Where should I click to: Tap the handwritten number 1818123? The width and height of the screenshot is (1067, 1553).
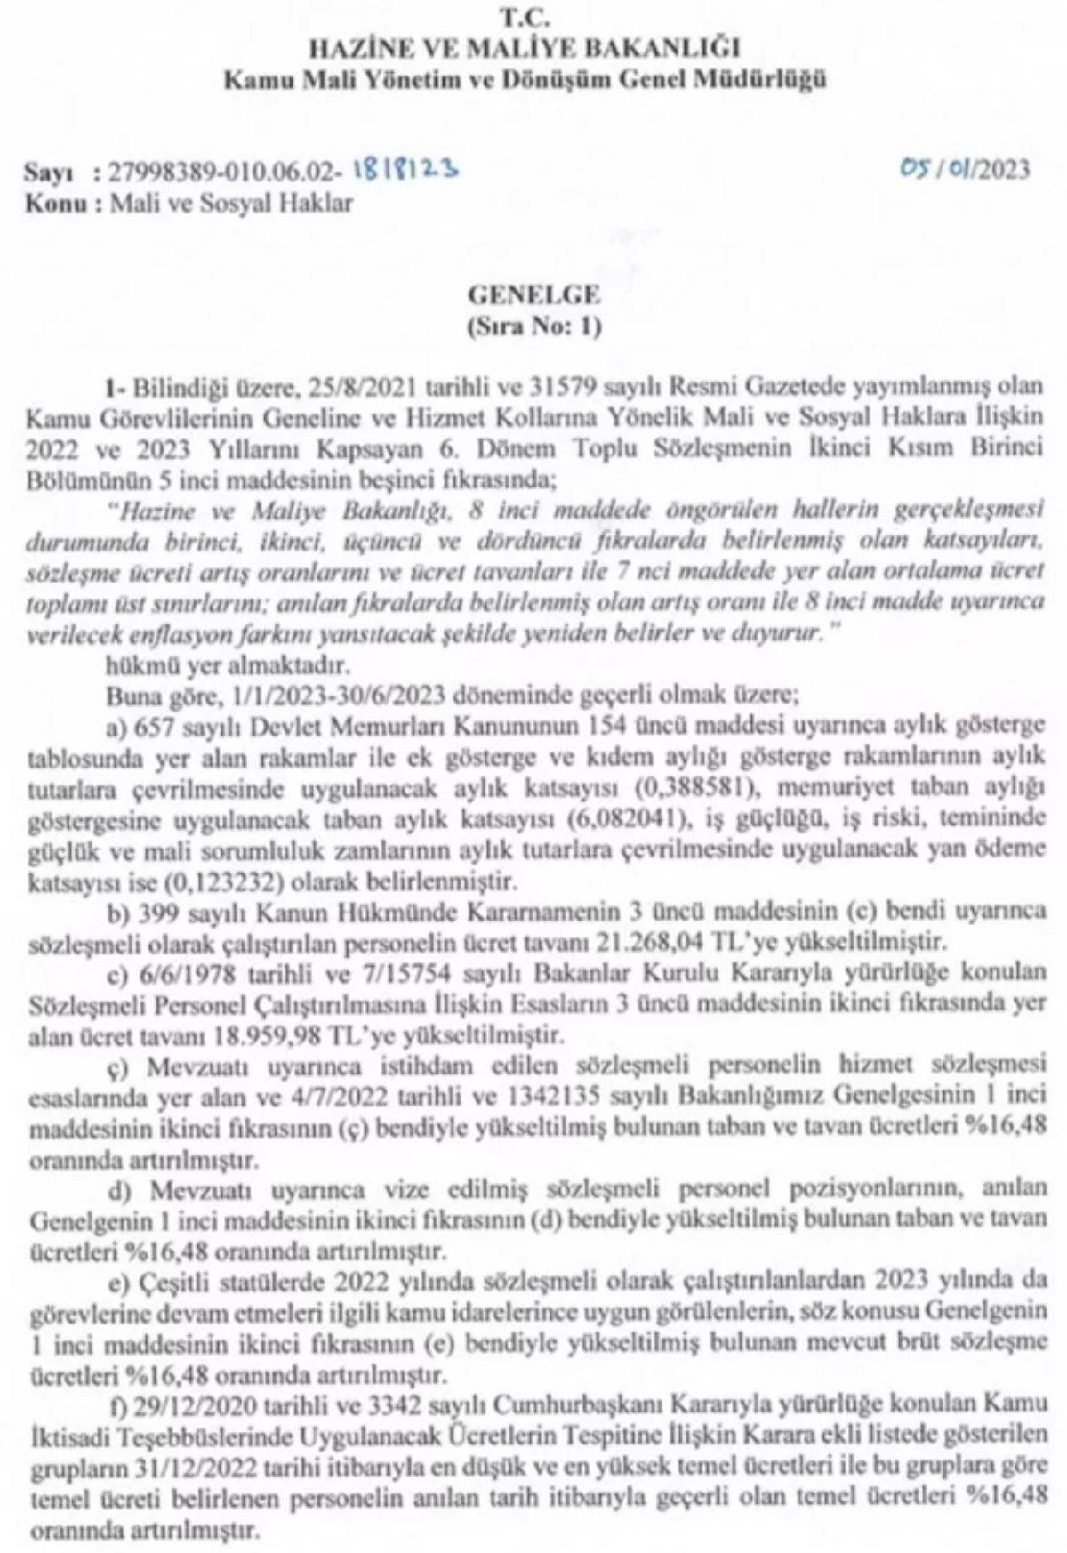(406, 167)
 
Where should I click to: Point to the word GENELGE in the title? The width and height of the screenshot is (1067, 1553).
(534, 294)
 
